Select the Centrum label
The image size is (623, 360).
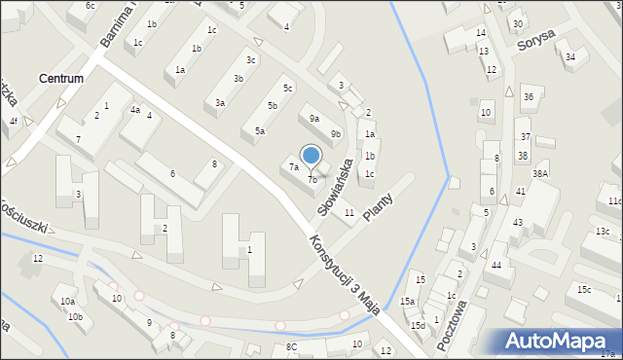[60, 78]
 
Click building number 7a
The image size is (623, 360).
[293, 167]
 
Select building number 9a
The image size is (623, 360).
[314, 119]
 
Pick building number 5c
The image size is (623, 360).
[288, 89]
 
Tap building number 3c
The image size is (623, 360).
[251, 60]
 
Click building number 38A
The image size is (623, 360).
[540, 173]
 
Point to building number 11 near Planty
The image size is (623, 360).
[348, 212]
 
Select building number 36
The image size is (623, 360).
[528, 97]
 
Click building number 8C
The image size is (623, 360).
[291, 347]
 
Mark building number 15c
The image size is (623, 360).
[583, 290]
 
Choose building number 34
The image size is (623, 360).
[570, 56]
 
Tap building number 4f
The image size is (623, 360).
[13, 122]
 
